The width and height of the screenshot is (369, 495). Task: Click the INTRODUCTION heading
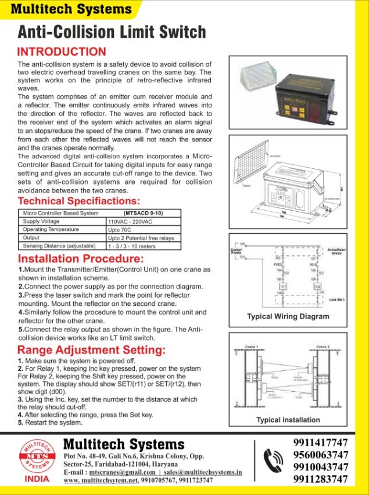coord(62,52)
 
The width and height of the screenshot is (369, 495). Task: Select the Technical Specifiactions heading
coord(78,201)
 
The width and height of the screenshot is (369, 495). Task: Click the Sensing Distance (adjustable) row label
coord(58,246)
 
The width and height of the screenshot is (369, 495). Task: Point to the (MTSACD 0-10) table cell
coord(143,214)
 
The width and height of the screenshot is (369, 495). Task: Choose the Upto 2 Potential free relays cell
coord(141,238)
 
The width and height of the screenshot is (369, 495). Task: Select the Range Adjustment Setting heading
coord(91,350)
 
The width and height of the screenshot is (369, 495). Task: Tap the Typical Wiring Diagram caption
coord(288,317)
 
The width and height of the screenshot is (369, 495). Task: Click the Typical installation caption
coord(288,420)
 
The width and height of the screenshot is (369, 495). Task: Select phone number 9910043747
coord(321,467)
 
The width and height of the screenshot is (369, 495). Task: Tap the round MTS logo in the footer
coord(37,457)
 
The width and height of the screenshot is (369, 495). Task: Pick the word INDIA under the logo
coord(37,480)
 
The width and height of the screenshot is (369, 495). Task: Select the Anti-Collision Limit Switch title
coord(112,31)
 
